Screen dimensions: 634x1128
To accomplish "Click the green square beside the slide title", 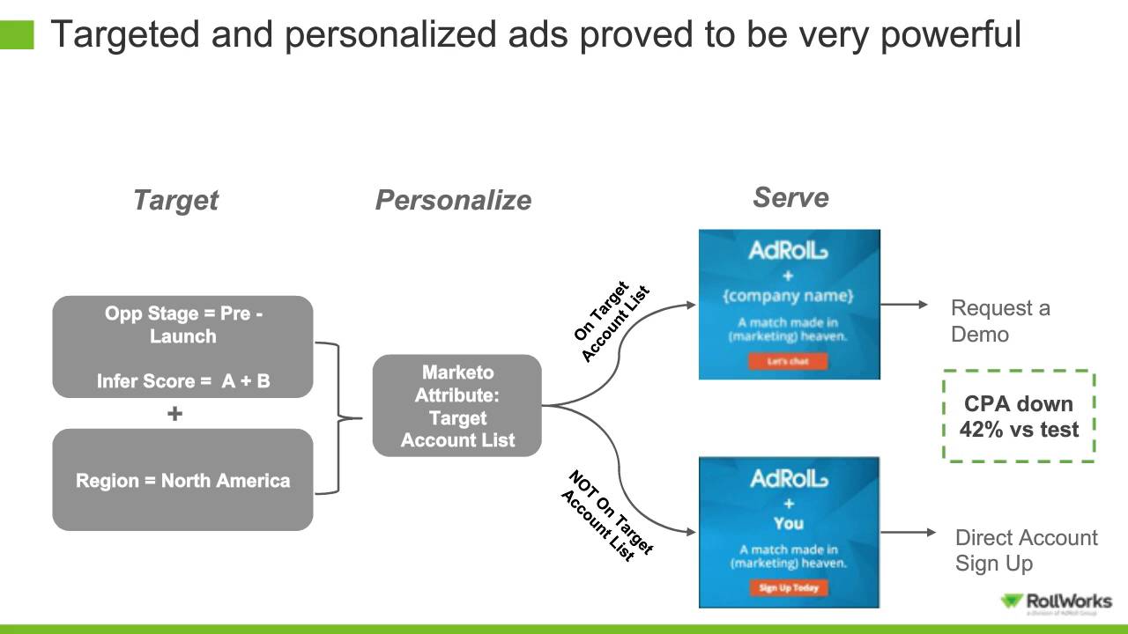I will pyautogui.click(x=17, y=34).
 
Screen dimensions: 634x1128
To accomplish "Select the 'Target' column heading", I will pyautogui.click(x=175, y=200).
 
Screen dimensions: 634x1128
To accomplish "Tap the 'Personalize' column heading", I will pyautogui.click(x=453, y=200).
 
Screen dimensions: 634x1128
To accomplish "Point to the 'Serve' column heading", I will pyautogui.click(x=790, y=197).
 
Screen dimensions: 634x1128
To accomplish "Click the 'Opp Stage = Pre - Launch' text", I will pyautogui.click(x=183, y=325).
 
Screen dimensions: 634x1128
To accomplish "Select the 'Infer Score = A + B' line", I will pyautogui.click(x=183, y=381).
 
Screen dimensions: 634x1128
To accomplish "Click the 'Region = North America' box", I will pyautogui.click(x=182, y=481).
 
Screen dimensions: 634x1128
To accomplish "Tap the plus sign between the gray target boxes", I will pyautogui.click(x=174, y=413).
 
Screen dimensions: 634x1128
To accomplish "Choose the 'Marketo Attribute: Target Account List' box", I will pyautogui.click(x=456, y=406).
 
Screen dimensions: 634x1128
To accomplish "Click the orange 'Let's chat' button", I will pyautogui.click(x=789, y=361).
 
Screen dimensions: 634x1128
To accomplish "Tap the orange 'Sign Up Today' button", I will pyautogui.click(x=789, y=587).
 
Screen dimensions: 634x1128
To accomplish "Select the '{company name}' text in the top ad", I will pyautogui.click(x=789, y=295).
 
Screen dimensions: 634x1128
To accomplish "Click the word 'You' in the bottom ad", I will pyautogui.click(x=789, y=523).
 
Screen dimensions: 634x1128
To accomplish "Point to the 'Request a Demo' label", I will pyautogui.click(x=999, y=321).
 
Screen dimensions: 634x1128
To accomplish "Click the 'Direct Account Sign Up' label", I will pyautogui.click(x=1026, y=550).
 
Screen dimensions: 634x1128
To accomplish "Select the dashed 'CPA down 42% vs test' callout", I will pyautogui.click(x=1019, y=417).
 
